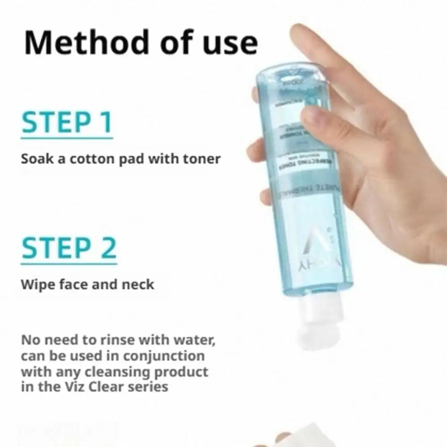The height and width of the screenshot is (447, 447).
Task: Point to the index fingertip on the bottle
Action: pos(313,117)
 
